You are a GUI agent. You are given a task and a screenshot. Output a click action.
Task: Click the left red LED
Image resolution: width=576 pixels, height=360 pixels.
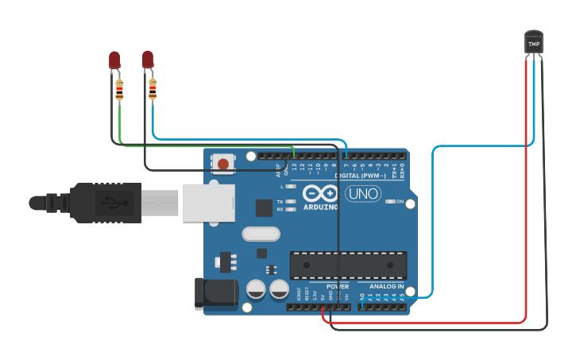(x=114, y=60)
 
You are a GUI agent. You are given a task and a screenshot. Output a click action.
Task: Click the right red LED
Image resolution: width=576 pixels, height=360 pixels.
(x=148, y=59)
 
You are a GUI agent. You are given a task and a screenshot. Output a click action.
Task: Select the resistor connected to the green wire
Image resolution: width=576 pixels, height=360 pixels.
(x=120, y=91)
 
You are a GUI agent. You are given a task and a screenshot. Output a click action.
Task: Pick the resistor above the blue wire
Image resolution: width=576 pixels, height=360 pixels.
(x=153, y=90)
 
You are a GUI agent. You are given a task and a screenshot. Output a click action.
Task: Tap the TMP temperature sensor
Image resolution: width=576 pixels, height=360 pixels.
(x=534, y=43)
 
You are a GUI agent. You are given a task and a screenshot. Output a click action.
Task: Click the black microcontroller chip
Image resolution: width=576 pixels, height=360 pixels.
(x=348, y=265)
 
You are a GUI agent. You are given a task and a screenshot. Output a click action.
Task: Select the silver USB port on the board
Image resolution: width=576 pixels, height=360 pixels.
(x=209, y=203)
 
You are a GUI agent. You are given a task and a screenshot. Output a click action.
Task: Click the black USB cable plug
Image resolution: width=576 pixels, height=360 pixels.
(x=103, y=203)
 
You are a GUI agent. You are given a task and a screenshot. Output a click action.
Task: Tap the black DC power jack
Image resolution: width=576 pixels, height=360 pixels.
(x=215, y=292)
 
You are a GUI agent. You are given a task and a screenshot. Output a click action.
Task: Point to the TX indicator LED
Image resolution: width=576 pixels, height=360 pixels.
(x=292, y=202)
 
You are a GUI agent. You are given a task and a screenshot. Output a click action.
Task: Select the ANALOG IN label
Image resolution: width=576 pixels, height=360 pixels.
(x=386, y=286)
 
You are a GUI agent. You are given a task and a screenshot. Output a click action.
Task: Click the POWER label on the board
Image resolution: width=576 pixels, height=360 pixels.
(x=338, y=286)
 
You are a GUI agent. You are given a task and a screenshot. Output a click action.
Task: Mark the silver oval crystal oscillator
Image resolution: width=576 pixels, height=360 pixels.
(x=261, y=234)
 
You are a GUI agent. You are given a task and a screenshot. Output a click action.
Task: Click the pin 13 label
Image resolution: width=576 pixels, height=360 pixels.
(x=295, y=168)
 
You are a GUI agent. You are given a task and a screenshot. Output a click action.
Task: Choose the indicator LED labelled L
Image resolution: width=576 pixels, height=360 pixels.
(x=292, y=186)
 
